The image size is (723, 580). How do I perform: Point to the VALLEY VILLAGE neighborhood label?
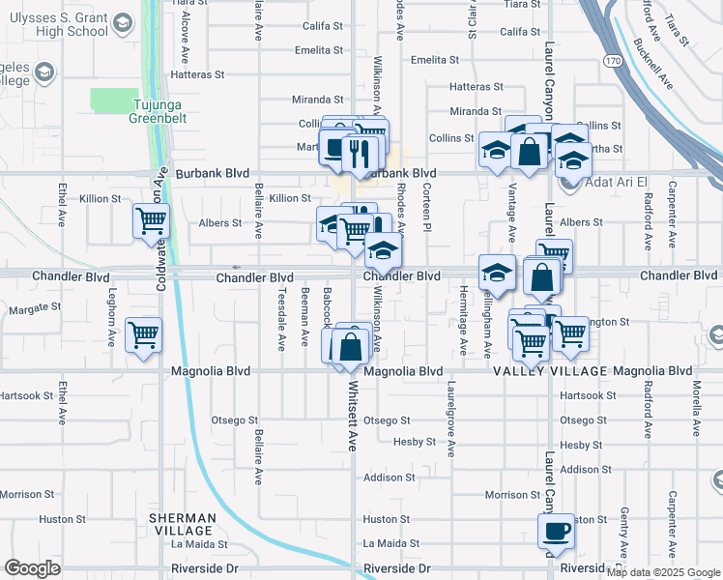click(550, 371)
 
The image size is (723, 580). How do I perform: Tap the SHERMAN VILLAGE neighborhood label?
click(181, 525)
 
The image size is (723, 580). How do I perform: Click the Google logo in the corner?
click(32, 568)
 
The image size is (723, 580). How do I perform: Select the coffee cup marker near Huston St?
click(556, 532)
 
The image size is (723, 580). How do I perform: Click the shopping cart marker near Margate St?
click(144, 335)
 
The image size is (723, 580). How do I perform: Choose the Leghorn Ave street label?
click(112, 320)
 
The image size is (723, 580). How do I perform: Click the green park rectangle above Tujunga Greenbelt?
click(114, 99)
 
